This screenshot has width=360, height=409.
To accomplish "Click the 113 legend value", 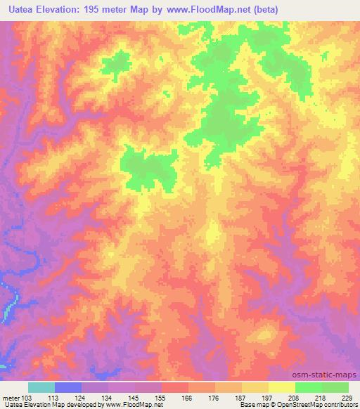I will [x=55, y=397].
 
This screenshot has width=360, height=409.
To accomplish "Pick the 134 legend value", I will [x=108, y=397].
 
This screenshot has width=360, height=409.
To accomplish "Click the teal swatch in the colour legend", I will [x=41, y=387].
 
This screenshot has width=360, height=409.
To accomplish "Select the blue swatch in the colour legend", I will [x=68, y=387].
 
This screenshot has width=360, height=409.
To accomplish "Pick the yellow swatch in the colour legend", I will [x=281, y=387].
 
